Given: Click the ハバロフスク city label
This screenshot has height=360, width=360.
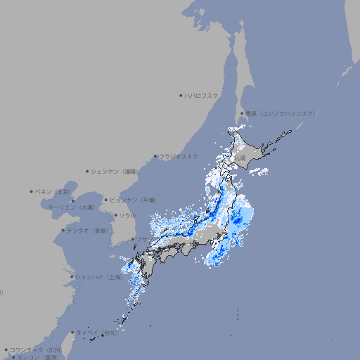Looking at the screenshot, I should pos(201,95).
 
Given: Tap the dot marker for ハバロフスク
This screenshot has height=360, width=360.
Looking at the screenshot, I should pos(181,95).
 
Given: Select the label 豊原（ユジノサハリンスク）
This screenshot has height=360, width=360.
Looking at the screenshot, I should pos(280,113).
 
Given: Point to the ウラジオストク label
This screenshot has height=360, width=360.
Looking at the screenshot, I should pos(179,156).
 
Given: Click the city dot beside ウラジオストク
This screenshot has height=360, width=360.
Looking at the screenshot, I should pos(155,156).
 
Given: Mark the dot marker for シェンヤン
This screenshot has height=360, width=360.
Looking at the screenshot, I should pos(87,171).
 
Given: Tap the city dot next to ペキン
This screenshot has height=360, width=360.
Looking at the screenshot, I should pos(32,191).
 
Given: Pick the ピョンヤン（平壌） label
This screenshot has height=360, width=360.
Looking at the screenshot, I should pos(133,200).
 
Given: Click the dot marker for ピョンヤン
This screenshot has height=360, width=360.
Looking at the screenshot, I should pos(106,200).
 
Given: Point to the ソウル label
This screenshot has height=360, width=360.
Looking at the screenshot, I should pos(127,215).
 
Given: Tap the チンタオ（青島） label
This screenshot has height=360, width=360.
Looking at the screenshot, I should pos(87,230).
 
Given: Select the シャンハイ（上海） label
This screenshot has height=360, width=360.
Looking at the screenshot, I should pos(98,276).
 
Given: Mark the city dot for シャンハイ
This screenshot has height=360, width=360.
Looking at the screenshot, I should pos(72,276).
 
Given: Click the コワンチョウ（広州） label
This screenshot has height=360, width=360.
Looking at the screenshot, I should pos(35,349).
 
